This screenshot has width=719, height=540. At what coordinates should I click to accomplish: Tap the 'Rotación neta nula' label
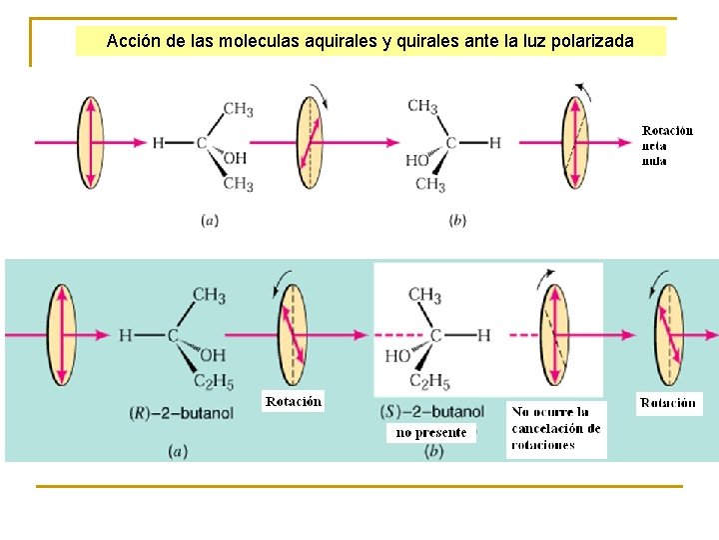point(667,145)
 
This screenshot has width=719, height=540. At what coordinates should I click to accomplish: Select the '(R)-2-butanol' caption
point(181,412)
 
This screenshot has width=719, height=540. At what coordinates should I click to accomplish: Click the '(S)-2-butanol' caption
point(432,412)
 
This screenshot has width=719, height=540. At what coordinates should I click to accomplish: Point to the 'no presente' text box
point(430,433)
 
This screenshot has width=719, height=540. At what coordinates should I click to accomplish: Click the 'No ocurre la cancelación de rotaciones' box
point(556,428)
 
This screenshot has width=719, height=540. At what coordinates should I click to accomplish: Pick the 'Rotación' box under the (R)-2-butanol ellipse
point(294,401)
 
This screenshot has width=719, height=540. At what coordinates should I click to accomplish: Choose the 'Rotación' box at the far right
point(669,403)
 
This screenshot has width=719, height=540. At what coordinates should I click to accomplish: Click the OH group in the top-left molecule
point(235,159)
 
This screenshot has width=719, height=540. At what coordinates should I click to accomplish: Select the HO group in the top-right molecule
point(417,160)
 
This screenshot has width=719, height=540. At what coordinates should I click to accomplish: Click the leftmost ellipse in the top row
point(91,141)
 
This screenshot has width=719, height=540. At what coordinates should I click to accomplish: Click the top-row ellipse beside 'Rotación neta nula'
point(575,141)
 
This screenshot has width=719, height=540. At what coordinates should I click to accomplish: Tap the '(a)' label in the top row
point(210,220)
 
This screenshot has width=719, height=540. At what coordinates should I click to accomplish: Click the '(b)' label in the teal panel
point(433,452)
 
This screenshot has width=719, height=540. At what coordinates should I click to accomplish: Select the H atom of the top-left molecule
point(158,143)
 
